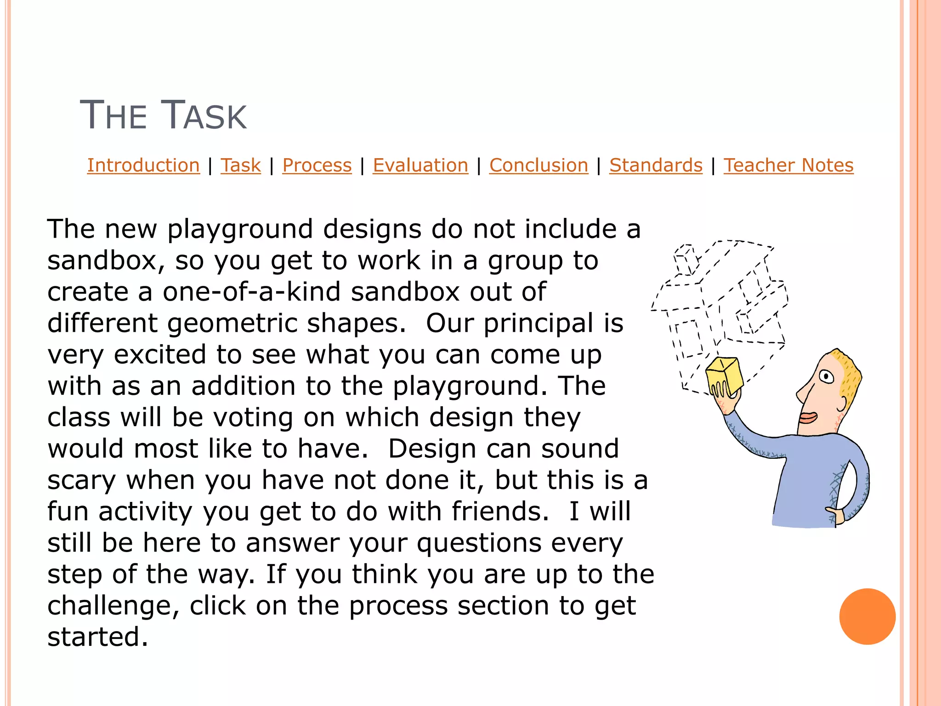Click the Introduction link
(x=143, y=165)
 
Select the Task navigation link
(x=241, y=165)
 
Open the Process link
(x=317, y=165)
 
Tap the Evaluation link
(x=420, y=165)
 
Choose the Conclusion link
(x=539, y=165)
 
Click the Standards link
(x=656, y=165)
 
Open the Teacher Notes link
(x=788, y=165)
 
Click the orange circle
(x=867, y=616)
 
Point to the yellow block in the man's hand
(x=724, y=375)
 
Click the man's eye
(x=828, y=377)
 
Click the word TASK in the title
(x=206, y=115)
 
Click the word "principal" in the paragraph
(x=538, y=323)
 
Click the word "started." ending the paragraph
(x=98, y=637)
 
